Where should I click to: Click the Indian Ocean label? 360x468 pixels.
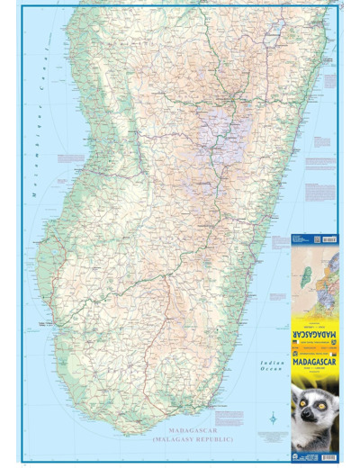[x=272, y=366]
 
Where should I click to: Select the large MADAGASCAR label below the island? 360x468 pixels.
[x=193, y=431]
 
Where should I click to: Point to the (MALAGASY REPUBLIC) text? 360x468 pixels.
[x=193, y=439]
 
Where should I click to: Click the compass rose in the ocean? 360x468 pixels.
[x=273, y=418]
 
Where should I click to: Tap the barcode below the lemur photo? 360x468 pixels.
[x=328, y=458]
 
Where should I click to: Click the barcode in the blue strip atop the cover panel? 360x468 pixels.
[x=329, y=239]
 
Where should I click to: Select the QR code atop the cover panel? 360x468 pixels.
[x=317, y=239]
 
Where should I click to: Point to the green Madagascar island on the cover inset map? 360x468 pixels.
[x=306, y=275]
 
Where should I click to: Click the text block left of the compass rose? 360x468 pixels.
[x=229, y=419]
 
